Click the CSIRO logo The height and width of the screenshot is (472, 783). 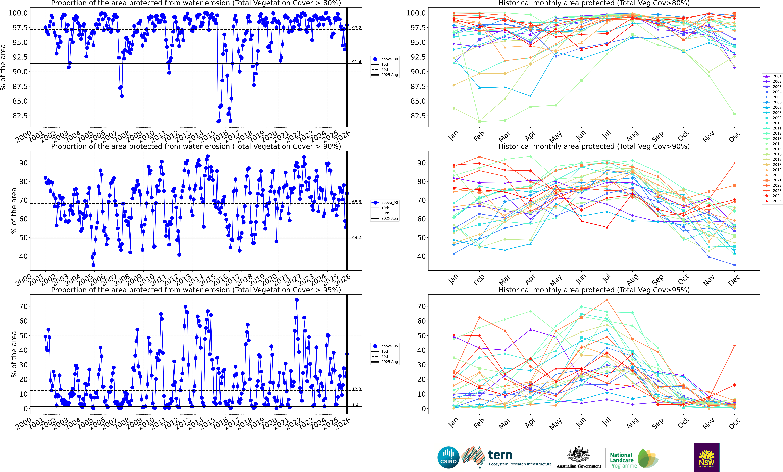tap(448, 457)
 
